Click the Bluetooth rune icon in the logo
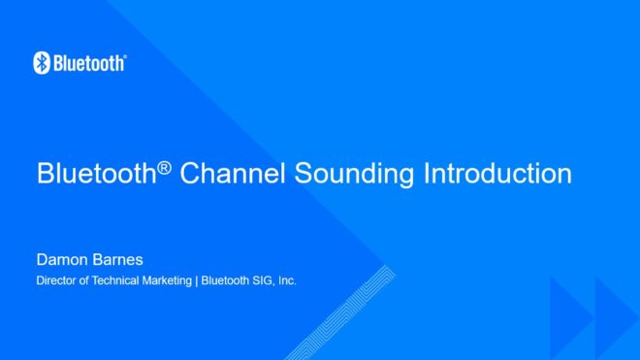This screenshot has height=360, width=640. coord(41,63)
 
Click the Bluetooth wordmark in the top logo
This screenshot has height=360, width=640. coord(88,63)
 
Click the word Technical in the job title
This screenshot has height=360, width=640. coord(117,281)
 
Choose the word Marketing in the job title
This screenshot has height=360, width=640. coord(169,281)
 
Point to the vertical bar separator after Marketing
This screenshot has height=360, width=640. coord(196,281)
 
